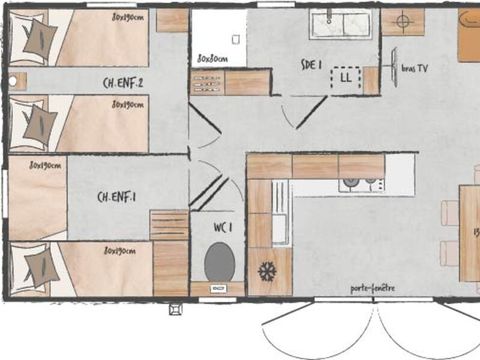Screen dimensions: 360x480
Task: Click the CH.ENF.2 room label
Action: [x=123, y=83]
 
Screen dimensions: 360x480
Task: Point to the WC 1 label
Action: [x=224, y=227]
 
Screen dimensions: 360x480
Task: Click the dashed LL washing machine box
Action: [x=345, y=76]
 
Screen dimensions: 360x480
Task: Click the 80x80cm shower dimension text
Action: [x=212, y=58]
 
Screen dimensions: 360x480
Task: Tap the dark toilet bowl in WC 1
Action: [x=219, y=261]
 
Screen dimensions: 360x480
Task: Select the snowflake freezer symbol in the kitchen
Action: [x=267, y=270]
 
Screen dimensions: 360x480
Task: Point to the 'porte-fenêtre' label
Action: [x=372, y=289]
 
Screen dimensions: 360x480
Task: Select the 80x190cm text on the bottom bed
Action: [x=123, y=251]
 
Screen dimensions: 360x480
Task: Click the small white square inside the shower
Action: [x=235, y=39]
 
